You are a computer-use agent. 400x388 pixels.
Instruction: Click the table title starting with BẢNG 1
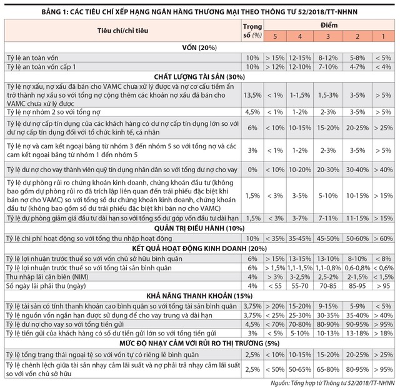pyautogui.click(x=200, y=11)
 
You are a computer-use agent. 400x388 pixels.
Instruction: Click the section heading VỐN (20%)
pyautogui.click(x=200, y=47)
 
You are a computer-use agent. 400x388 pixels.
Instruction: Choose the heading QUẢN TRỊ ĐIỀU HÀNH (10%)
pyautogui.click(x=200, y=228)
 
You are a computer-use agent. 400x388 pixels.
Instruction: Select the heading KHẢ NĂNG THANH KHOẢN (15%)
pyautogui.click(x=200, y=295)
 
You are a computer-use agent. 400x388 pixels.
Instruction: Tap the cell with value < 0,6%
pyautogui.click(x=382, y=267)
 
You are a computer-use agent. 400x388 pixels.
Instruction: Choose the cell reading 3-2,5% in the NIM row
pyautogui.click(x=302, y=277)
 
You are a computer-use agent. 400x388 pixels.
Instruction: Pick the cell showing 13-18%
pyautogui.click(x=356, y=333)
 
